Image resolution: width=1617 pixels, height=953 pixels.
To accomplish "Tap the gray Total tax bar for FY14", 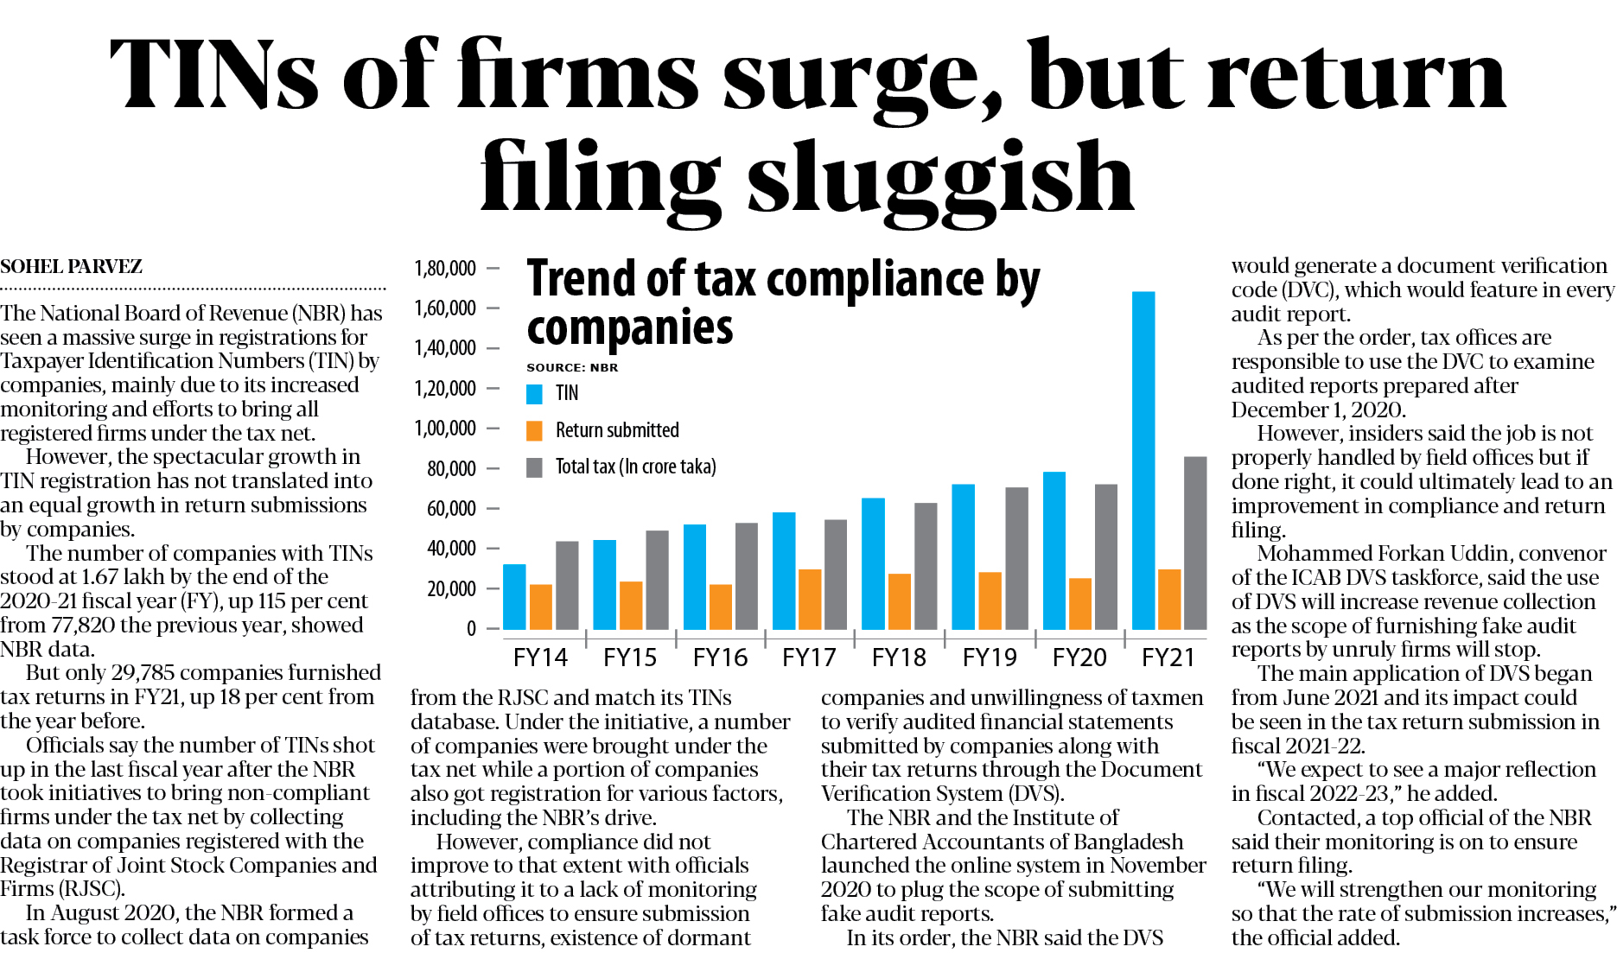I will [567, 585].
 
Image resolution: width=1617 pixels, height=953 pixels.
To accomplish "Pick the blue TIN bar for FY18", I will [873, 563].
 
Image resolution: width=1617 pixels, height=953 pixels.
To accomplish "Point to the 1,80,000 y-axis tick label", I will [445, 269].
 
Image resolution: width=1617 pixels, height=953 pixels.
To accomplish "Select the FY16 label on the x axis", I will [720, 658].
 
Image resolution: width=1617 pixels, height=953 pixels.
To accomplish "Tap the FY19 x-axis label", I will [990, 658].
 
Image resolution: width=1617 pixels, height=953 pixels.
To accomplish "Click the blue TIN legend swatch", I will [535, 394].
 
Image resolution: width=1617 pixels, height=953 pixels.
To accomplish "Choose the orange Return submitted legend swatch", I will [535, 430].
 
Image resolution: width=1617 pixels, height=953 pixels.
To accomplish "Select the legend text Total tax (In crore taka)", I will [635, 467].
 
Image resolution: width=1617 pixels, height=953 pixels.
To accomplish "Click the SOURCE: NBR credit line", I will [572, 367].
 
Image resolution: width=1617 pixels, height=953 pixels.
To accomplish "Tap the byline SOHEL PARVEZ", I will [72, 267].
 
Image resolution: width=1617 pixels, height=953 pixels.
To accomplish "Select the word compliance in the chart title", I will [875, 280].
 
